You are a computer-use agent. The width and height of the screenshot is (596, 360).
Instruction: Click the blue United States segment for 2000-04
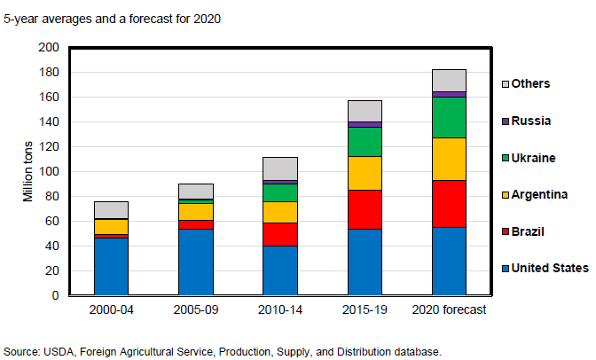[111, 266]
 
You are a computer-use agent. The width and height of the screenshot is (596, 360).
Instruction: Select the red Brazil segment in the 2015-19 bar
[365, 209]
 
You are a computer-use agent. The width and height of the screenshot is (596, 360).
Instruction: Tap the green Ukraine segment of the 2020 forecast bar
[449, 117]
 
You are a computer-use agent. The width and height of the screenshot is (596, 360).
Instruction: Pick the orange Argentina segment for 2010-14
[280, 212]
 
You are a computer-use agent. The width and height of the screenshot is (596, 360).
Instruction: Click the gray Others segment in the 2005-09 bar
[195, 191]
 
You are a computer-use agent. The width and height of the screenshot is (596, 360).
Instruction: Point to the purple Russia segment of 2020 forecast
[449, 94]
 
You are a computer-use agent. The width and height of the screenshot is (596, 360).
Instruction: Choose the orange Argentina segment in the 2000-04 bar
[111, 226]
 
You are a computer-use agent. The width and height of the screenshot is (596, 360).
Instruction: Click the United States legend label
[551, 268]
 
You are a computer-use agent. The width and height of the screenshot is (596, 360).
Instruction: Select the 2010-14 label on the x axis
[280, 309]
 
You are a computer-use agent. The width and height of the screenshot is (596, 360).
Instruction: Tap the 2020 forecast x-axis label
[449, 309]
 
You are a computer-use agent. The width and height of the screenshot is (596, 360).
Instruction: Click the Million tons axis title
[27, 171]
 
